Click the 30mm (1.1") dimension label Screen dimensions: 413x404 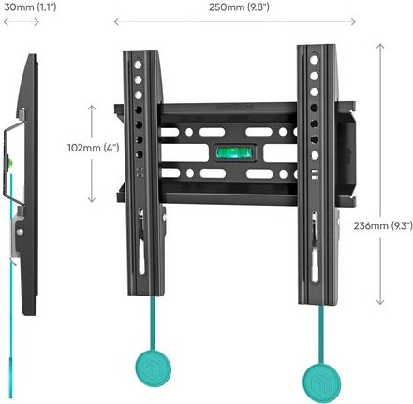30,7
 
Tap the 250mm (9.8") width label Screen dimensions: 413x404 239,7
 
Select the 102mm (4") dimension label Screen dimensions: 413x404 94,148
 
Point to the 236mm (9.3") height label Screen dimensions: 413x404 383,225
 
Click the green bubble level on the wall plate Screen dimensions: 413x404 235,152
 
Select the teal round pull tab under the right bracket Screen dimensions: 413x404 321,382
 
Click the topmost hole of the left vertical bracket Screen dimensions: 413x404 138,65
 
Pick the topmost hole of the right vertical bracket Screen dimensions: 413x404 314,60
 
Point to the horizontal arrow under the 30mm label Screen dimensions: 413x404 21,22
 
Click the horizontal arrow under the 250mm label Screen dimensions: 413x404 235,22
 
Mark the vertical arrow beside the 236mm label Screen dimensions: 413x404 380,174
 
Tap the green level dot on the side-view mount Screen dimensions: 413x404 9,162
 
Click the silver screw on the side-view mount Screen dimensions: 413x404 20,232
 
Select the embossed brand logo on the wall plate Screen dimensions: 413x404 234,108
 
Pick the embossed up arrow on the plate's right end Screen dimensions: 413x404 349,155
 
